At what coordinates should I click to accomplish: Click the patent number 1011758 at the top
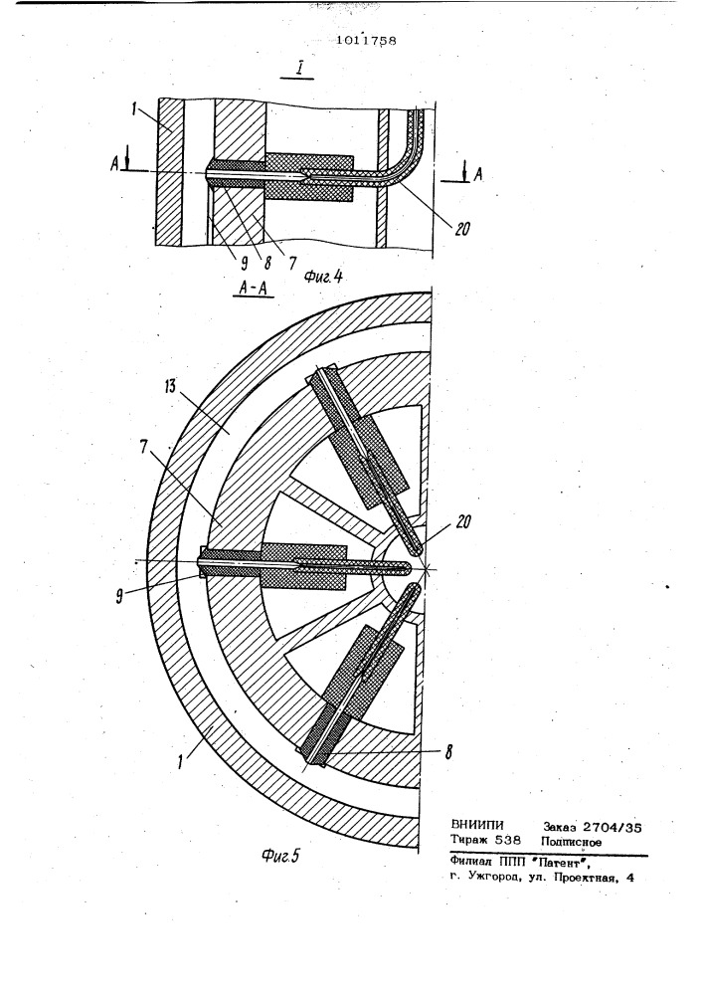click(367, 41)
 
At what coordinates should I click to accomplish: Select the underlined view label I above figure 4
click(296, 69)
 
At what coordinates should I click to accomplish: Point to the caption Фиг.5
click(279, 856)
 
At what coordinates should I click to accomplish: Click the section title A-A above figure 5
click(254, 289)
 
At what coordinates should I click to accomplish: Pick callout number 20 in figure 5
click(461, 523)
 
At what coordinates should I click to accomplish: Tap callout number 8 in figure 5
click(448, 752)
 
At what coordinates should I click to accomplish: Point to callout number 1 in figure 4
click(135, 108)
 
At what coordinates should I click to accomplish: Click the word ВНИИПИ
click(477, 826)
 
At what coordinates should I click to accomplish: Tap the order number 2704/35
click(612, 828)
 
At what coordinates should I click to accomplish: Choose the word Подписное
click(571, 842)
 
